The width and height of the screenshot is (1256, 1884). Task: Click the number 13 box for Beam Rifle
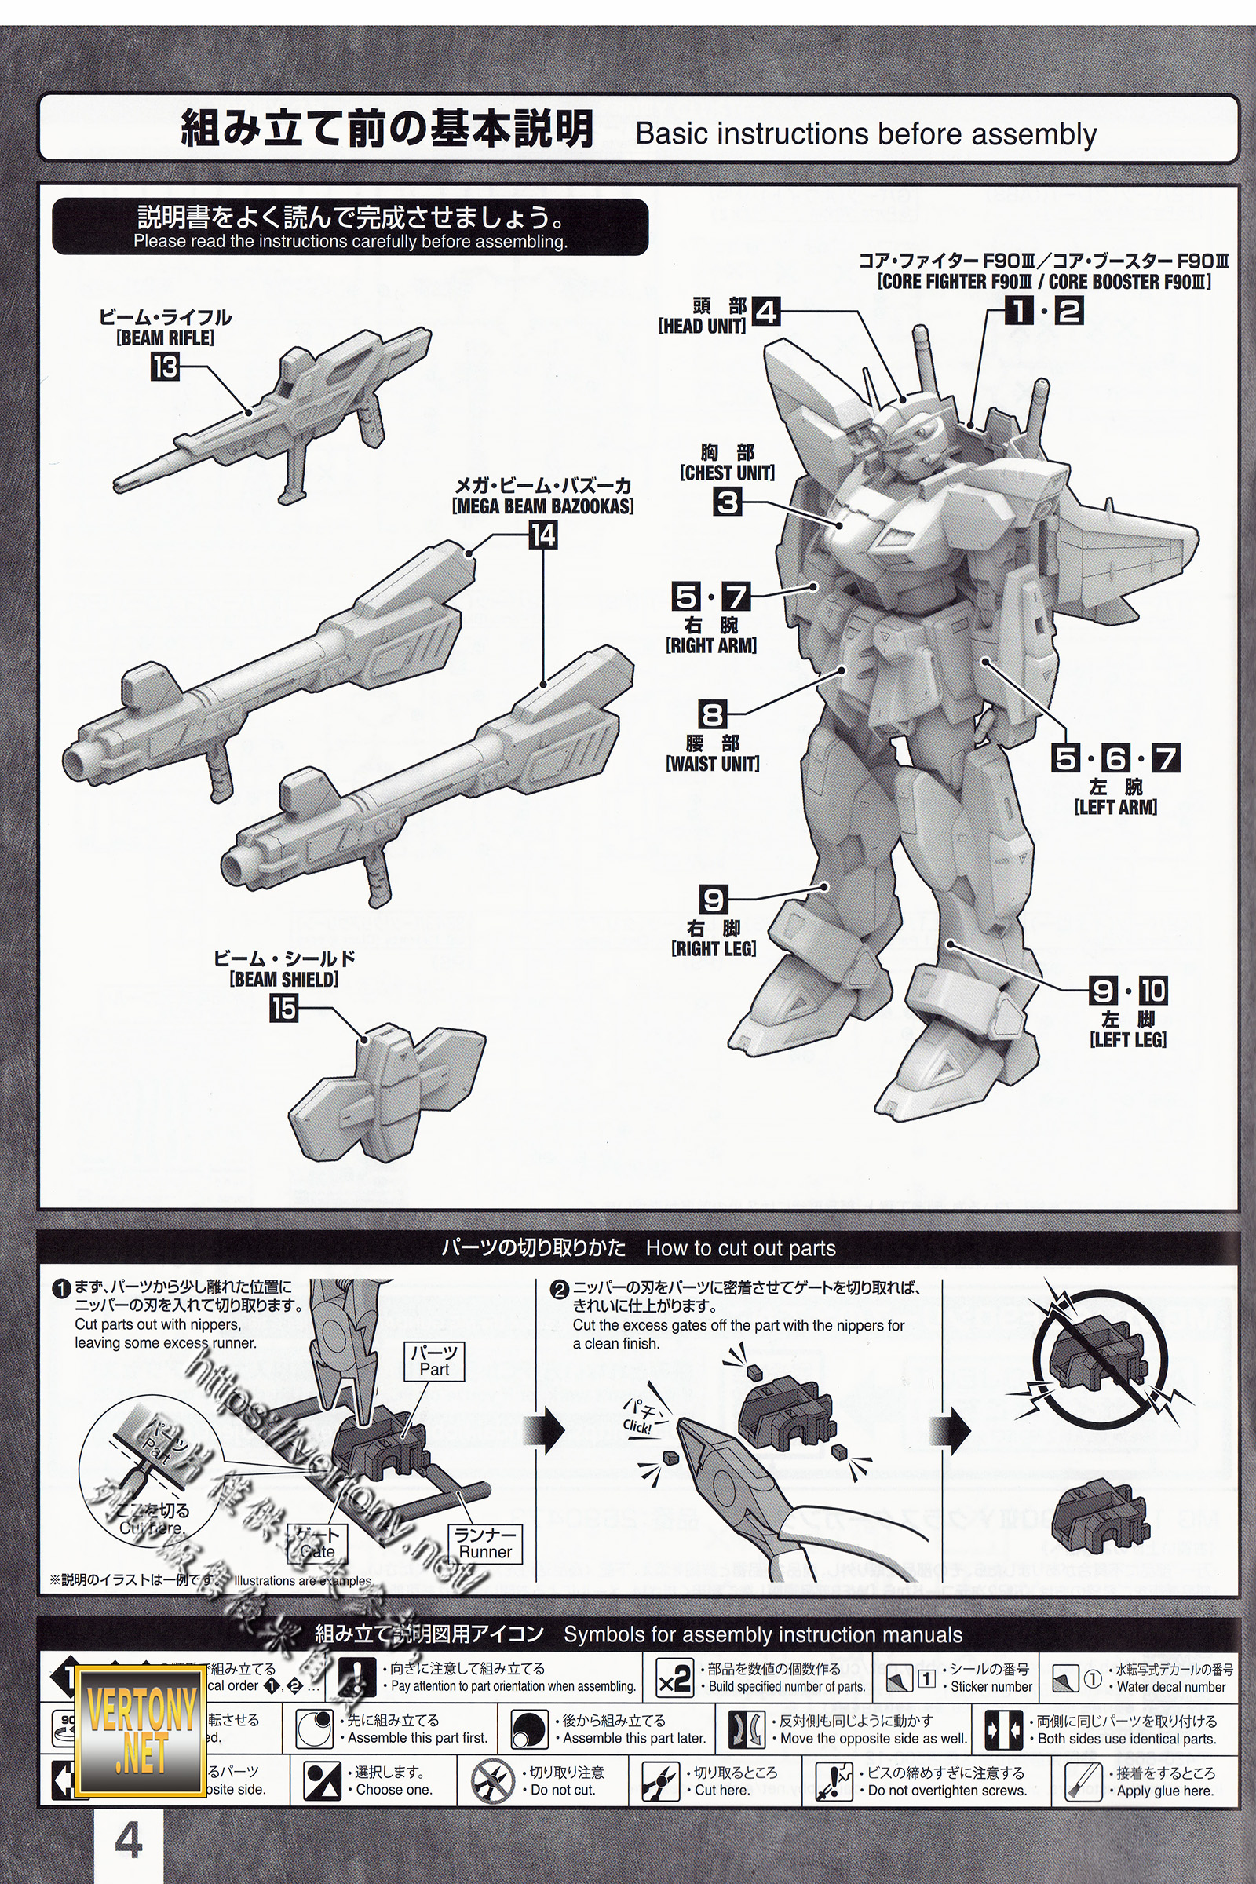tap(165, 367)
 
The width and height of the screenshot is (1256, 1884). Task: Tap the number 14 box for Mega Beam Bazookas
tap(543, 535)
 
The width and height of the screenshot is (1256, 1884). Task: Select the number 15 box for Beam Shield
tap(283, 1008)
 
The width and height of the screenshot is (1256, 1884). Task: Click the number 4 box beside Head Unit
tap(767, 312)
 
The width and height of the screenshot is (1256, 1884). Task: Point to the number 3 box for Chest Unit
tap(728, 502)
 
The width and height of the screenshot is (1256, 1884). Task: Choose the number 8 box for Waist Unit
tap(711, 714)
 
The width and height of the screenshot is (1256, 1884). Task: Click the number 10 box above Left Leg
tap(1152, 991)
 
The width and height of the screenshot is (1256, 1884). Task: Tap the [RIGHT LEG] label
tap(714, 948)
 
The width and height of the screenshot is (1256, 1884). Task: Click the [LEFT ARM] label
tap(1115, 808)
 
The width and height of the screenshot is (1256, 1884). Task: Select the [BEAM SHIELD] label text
tap(284, 979)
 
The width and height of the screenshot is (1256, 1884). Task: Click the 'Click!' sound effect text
tap(637, 1426)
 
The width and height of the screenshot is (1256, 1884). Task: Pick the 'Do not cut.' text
tap(563, 1790)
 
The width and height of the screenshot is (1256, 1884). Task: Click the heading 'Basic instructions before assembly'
tap(866, 133)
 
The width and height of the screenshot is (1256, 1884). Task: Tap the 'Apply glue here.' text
tap(1166, 1791)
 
